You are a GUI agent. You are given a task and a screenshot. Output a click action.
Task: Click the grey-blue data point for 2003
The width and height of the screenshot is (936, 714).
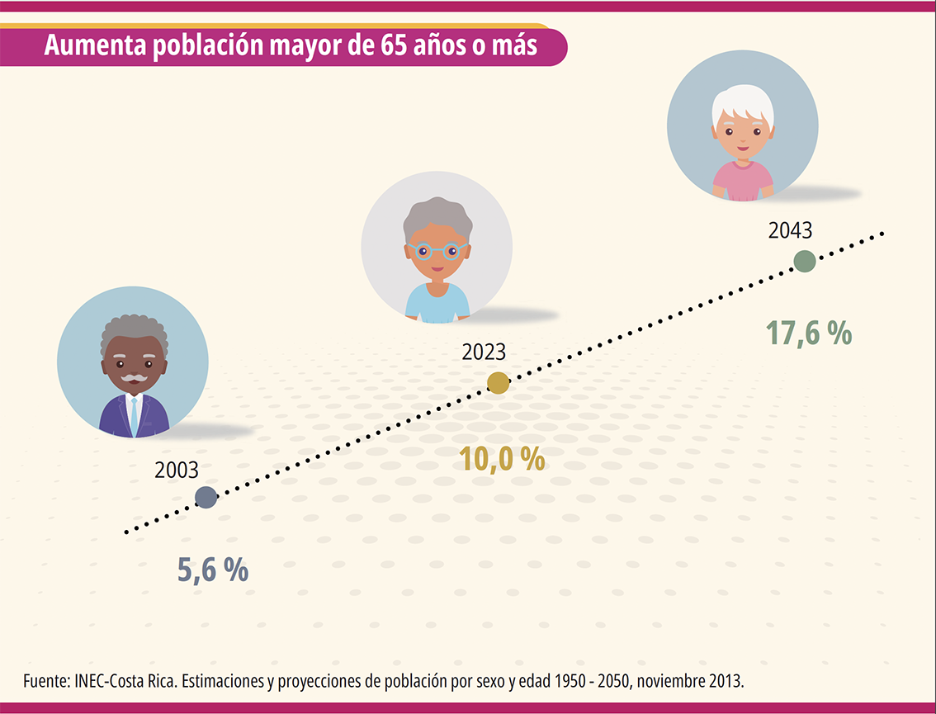click(x=206, y=497)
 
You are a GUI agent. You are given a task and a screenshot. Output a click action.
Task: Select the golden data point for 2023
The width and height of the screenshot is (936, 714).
click(x=498, y=382)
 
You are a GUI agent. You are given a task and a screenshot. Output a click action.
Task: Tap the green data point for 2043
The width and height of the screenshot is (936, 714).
click(x=804, y=262)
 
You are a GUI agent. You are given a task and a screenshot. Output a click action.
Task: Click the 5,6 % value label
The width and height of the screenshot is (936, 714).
click(x=213, y=570)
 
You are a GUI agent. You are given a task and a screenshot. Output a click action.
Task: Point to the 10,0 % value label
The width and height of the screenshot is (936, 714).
click(x=503, y=458)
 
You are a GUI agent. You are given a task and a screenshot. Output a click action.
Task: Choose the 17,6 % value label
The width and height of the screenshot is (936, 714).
click(x=808, y=333)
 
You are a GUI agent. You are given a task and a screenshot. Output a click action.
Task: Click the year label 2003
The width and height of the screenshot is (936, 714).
click(x=177, y=470)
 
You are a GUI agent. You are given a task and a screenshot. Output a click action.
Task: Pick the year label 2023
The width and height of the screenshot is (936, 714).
click(x=484, y=352)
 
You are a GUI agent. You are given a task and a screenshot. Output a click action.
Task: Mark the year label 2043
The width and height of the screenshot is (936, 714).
click(x=791, y=231)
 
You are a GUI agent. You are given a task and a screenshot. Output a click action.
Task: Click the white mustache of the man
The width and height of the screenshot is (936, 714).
click(x=134, y=379)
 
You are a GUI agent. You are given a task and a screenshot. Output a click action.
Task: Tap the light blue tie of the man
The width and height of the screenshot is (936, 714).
click(x=134, y=416)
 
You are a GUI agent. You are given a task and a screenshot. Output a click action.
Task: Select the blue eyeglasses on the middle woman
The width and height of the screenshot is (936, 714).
click(x=437, y=252)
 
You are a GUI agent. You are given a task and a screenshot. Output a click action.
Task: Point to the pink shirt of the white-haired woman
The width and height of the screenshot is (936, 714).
click(x=743, y=179)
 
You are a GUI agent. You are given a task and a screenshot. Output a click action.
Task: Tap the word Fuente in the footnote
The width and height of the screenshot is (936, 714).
click(x=45, y=682)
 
